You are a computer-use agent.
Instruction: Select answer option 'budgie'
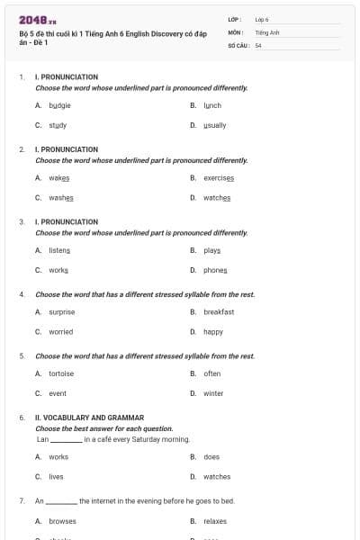59,105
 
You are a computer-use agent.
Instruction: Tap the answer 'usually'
214,125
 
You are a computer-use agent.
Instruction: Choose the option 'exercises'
219,177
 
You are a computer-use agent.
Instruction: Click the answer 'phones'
215,270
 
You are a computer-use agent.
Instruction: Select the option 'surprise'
62,311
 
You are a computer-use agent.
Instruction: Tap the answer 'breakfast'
219,311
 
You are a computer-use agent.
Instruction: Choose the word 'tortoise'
61,373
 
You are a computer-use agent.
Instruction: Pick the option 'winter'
213,393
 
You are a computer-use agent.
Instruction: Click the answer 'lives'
56,477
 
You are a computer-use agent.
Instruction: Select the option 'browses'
62,521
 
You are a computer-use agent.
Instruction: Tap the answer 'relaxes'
215,521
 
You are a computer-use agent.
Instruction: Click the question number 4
21,294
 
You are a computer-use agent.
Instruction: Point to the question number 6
21,418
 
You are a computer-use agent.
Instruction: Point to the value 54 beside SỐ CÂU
258,44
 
